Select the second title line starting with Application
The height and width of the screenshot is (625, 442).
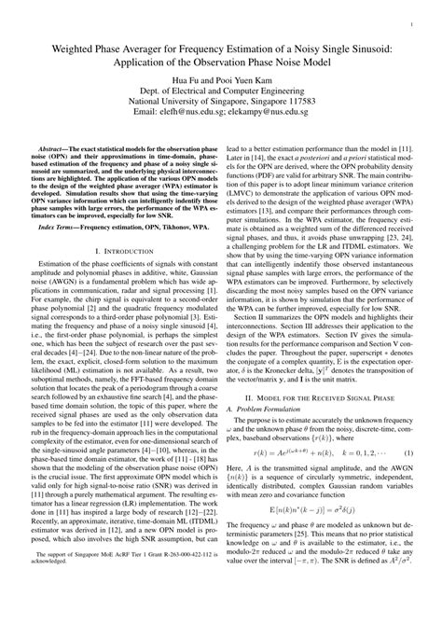click(220, 62)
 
